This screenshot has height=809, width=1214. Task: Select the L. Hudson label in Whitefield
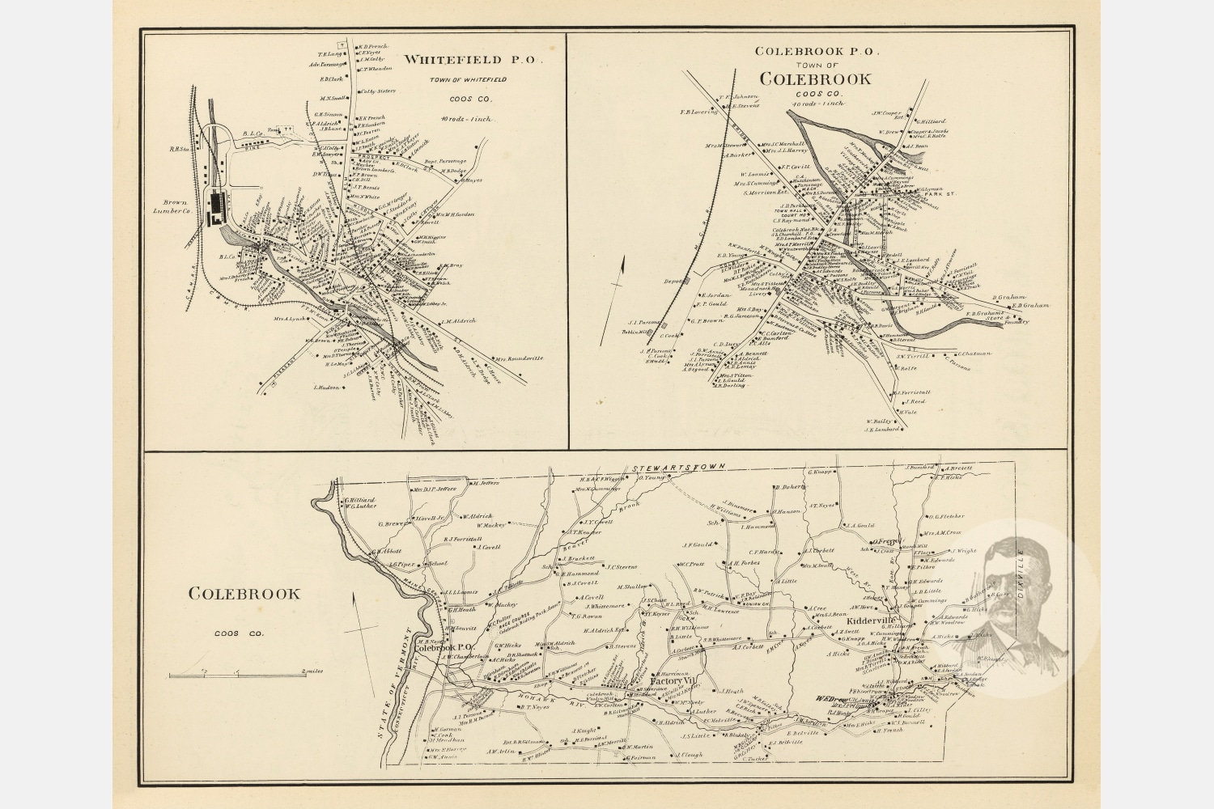coord(325,388)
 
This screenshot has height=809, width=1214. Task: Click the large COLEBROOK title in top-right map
coord(814,79)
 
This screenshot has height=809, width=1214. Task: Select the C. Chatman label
coord(974,353)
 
